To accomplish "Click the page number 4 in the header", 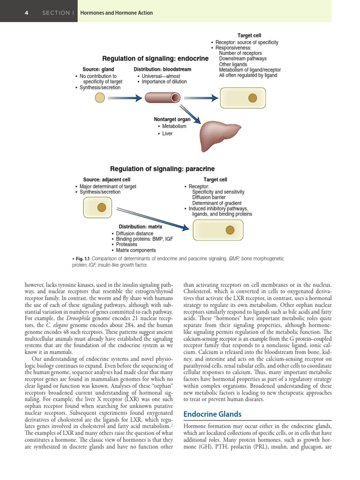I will [27, 13].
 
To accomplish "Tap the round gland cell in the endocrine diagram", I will [100, 97].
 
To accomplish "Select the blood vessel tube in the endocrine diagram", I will [162, 97].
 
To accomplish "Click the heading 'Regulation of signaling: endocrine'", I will [155, 59].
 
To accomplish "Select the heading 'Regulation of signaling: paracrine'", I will [162, 169].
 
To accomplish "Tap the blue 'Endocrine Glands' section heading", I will [212, 414].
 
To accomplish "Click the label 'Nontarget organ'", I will [172, 120].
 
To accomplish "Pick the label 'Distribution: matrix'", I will [141, 227].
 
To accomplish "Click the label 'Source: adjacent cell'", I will [106, 180].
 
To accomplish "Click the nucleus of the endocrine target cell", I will [253, 97].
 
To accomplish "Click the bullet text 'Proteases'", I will [127, 245].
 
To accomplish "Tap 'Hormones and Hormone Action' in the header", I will [116, 13].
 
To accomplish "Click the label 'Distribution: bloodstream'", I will [162, 69].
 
